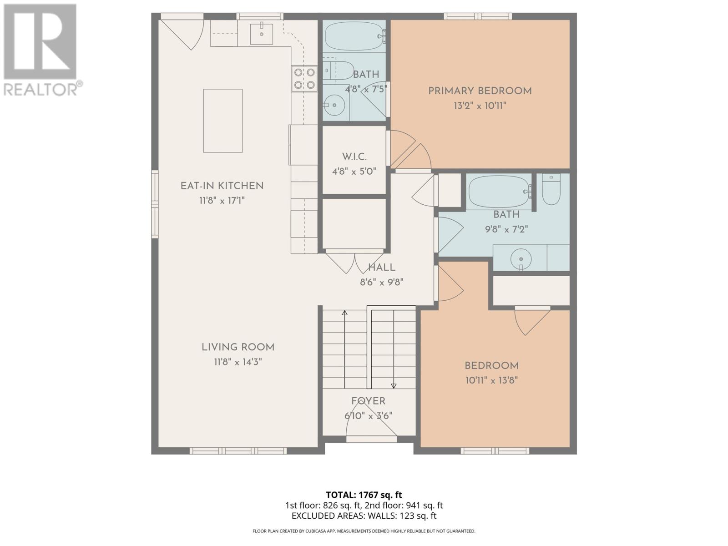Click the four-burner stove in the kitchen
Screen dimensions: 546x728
304,78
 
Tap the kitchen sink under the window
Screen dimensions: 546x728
261,34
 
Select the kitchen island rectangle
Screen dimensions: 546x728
222,121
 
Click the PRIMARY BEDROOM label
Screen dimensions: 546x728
480,91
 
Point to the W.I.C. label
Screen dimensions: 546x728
354,157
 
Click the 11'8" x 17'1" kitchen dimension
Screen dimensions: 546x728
222,200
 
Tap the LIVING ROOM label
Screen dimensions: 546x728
238,347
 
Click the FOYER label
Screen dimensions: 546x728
368,401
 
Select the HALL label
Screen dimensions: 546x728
381,268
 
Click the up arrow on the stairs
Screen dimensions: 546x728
344,313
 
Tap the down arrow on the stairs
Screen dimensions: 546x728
394,385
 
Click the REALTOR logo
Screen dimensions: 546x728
41,50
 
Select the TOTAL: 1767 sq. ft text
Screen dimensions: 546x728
364,495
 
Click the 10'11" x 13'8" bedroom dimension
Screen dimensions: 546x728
491,380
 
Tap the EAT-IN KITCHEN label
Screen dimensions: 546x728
222,186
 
